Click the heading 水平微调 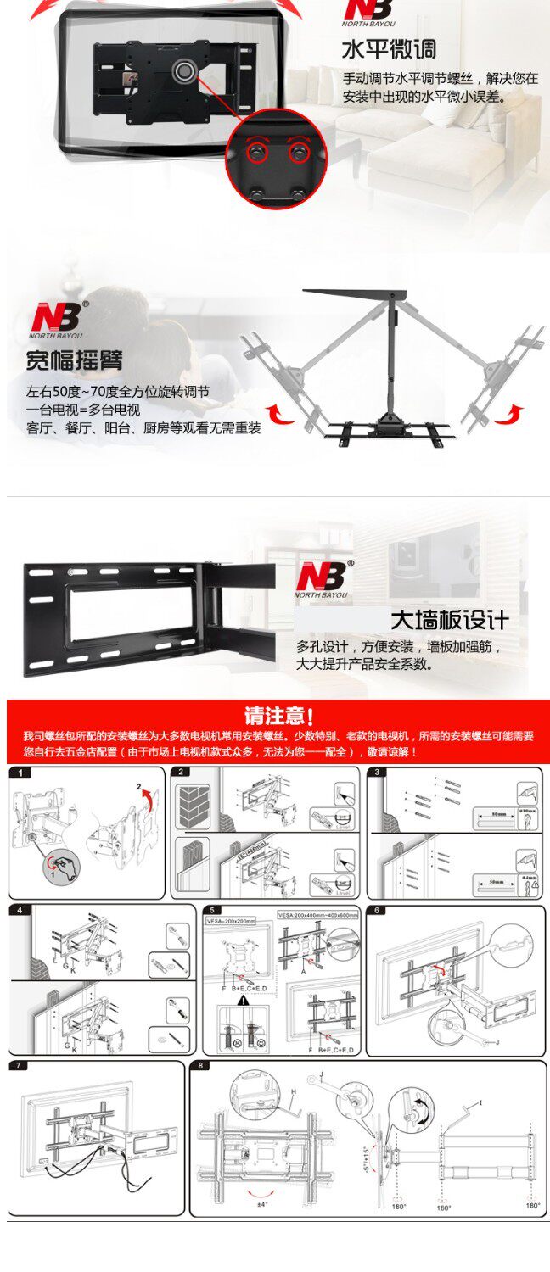pyautogui.click(x=390, y=48)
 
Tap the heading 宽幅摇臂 pyautogui.click(x=74, y=360)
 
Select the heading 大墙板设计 pyautogui.click(x=450, y=619)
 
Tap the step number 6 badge pyautogui.click(x=379, y=910)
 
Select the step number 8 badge pyautogui.click(x=200, y=1065)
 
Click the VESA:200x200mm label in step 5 pyautogui.click(x=231, y=919)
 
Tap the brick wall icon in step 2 pyautogui.click(x=193, y=806)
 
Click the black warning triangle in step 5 pyautogui.click(x=243, y=999)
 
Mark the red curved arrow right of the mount pyautogui.click(x=510, y=415)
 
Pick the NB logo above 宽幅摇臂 pyautogui.click(x=58, y=317)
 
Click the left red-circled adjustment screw pyautogui.click(x=255, y=153)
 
